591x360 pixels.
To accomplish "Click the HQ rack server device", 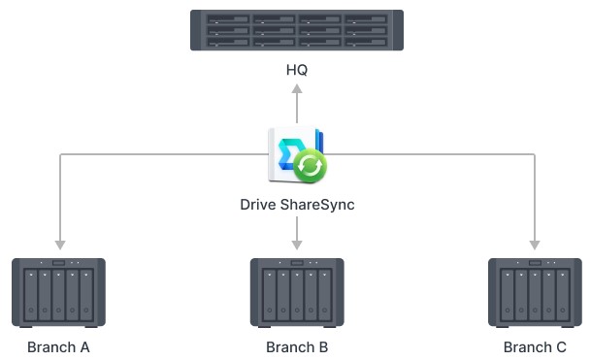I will [296, 31].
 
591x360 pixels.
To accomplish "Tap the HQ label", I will [297, 71].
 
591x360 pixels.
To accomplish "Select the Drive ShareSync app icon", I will [295, 156].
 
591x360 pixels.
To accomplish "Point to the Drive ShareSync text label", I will [296, 205].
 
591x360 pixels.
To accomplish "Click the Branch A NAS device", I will [58, 291].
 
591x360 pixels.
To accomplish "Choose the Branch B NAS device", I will [296, 291].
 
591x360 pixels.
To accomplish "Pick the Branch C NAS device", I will [534, 291].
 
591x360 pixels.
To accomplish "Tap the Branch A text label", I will [58, 346].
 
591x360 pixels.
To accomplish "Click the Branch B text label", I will [297, 346].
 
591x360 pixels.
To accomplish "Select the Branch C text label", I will [535, 346].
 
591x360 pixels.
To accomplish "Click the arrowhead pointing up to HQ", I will [297, 88].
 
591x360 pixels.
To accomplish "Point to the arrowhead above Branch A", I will [59, 244].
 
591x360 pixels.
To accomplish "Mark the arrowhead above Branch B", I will [296, 244].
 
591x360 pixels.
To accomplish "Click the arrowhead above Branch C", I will [534, 244].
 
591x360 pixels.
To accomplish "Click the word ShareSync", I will [317, 205].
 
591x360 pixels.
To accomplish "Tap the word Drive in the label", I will [259, 205].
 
